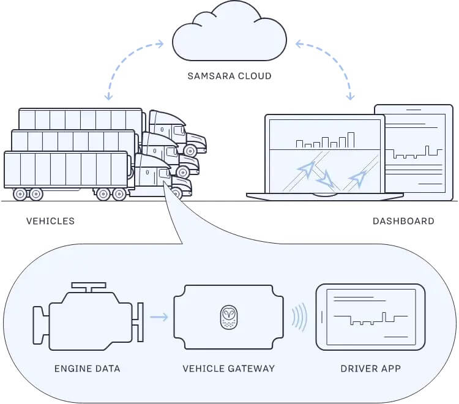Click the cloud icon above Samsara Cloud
coord(229,36)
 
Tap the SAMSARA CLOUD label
coord(229,77)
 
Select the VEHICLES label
coord(50,221)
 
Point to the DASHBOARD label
coord(403,221)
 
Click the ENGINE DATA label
coord(87,368)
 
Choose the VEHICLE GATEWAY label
coord(229,368)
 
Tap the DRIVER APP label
coord(370,368)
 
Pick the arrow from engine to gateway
coord(159,317)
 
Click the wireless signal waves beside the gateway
coord(299,317)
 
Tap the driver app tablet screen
coord(370,317)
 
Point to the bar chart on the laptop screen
coord(325,141)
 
